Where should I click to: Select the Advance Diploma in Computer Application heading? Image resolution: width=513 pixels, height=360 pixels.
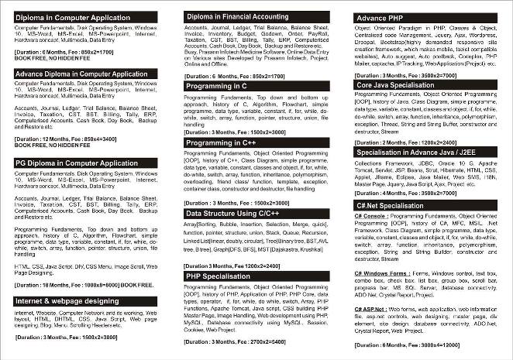pos(81,74)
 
